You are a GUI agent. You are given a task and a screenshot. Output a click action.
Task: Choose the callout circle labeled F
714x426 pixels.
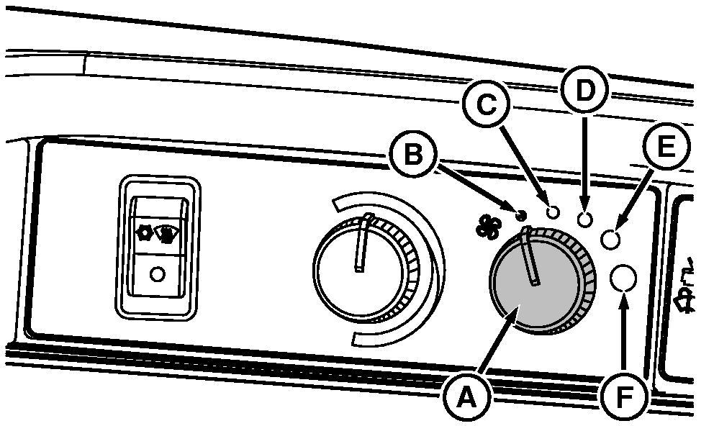[623, 396]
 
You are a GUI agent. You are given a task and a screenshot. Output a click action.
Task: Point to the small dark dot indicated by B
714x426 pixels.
[522, 213]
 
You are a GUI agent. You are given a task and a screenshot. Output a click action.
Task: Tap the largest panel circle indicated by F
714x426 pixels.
[624, 278]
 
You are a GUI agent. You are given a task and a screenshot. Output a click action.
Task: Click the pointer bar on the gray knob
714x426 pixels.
[531, 256]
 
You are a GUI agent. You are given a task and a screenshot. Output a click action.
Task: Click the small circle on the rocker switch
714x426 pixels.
[158, 274]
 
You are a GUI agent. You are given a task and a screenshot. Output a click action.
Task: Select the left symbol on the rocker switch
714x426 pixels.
[143, 233]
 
